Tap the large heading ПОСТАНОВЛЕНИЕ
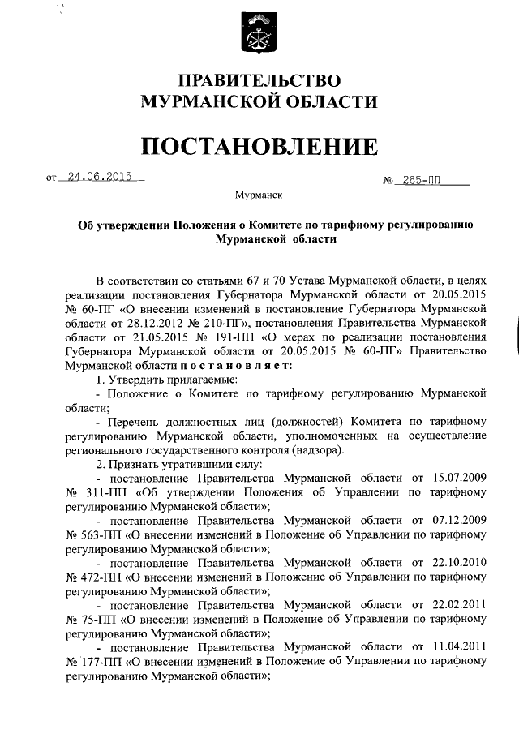pos(259,146)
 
